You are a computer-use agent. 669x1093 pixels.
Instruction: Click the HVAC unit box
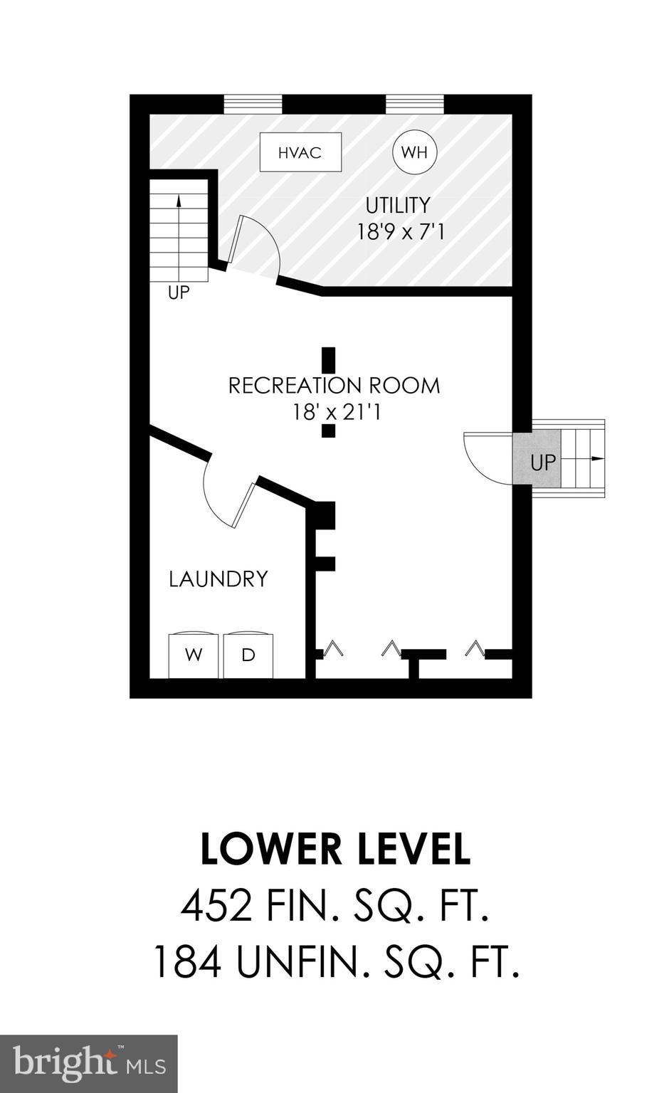(x=300, y=152)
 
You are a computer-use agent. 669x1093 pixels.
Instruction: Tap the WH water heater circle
(x=414, y=152)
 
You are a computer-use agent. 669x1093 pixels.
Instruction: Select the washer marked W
(x=194, y=655)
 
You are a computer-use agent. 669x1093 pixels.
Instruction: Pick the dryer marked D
(x=248, y=655)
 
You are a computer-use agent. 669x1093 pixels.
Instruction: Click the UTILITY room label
(x=398, y=206)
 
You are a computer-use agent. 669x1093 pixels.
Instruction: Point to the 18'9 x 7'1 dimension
(x=401, y=232)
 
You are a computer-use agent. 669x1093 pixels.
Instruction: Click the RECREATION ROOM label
(x=334, y=386)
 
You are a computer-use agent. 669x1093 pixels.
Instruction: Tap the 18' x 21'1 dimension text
(x=337, y=412)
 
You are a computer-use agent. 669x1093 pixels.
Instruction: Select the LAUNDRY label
(x=218, y=579)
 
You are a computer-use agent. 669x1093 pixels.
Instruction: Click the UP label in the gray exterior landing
(x=542, y=463)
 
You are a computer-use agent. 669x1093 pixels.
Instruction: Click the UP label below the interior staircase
(x=179, y=292)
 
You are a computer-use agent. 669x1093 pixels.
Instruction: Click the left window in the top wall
(x=253, y=104)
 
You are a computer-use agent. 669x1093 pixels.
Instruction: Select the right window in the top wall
(x=415, y=104)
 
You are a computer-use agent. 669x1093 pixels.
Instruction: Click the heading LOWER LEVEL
(x=335, y=849)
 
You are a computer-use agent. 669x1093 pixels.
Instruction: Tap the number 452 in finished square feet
(x=216, y=907)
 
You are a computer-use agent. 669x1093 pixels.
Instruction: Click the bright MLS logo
(x=88, y=1063)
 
